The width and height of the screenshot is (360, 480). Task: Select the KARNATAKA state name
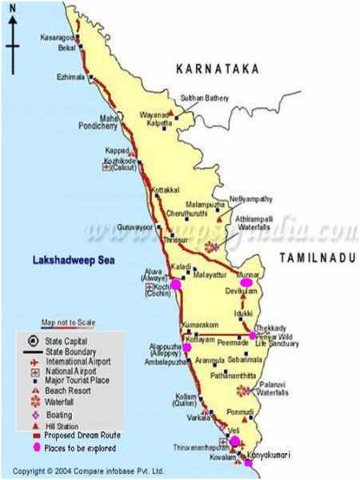coord(218,70)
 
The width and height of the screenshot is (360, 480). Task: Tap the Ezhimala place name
coord(70,77)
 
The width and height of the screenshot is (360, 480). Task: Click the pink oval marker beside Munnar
coord(246,282)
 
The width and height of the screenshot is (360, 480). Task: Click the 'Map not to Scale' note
coord(68,322)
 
